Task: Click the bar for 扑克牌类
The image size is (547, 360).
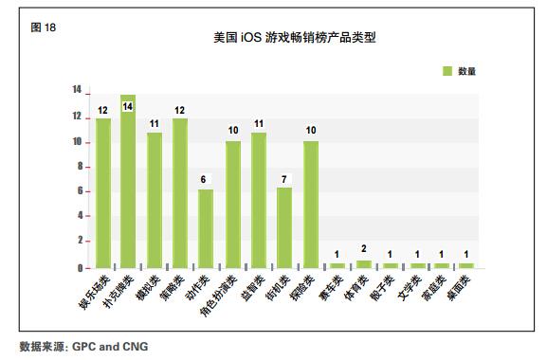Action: coord(128,181)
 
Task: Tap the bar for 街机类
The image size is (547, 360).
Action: coord(284,227)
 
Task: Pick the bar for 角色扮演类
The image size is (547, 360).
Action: coord(232,204)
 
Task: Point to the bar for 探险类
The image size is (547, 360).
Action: coord(311,204)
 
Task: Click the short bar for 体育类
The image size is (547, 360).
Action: coord(363,263)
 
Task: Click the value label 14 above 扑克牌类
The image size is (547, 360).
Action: coord(128,106)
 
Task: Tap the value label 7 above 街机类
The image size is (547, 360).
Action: coord(283,180)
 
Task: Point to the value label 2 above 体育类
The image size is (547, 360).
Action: coord(363,249)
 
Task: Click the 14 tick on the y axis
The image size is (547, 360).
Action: coord(75,90)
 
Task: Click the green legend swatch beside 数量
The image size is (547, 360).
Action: coord(447,71)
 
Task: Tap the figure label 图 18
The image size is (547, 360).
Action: coord(44,27)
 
